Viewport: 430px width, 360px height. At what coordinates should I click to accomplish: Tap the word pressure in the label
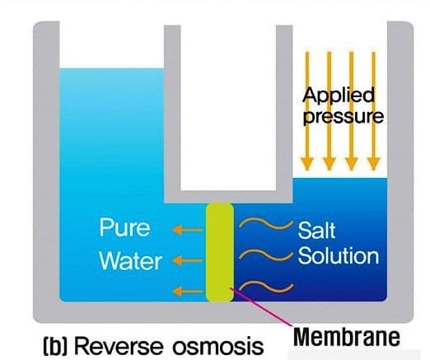(343, 117)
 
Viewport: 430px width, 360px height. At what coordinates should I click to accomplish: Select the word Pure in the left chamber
(124, 227)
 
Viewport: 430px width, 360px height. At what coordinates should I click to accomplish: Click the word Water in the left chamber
(130, 260)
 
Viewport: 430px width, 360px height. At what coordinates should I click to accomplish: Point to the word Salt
(316, 230)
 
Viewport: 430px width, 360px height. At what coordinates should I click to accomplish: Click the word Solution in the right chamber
(339, 255)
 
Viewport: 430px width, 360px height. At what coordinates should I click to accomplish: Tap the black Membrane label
(347, 337)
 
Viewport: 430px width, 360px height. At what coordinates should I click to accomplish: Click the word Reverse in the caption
(119, 346)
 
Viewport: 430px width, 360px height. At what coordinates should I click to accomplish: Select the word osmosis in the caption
(218, 347)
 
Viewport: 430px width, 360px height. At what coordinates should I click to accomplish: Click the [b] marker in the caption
(55, 347)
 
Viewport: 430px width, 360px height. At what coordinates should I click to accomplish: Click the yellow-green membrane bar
(220, 252)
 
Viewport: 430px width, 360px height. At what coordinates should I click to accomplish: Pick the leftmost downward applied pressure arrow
(307, 111)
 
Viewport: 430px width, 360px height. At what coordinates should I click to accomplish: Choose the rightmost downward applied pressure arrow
(373, 111)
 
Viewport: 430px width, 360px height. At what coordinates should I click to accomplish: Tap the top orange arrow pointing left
(188, 230)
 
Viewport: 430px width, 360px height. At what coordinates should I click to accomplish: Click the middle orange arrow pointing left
(188, 260)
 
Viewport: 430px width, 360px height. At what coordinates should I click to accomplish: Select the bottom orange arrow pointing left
(188, 291)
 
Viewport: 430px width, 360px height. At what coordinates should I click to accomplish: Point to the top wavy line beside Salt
(266, 223)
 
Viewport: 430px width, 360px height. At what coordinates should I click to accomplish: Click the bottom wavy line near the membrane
(266, 287)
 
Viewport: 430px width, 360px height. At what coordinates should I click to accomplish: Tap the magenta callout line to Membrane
(261, 307)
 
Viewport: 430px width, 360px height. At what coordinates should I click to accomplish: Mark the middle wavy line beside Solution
(266, 255)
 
